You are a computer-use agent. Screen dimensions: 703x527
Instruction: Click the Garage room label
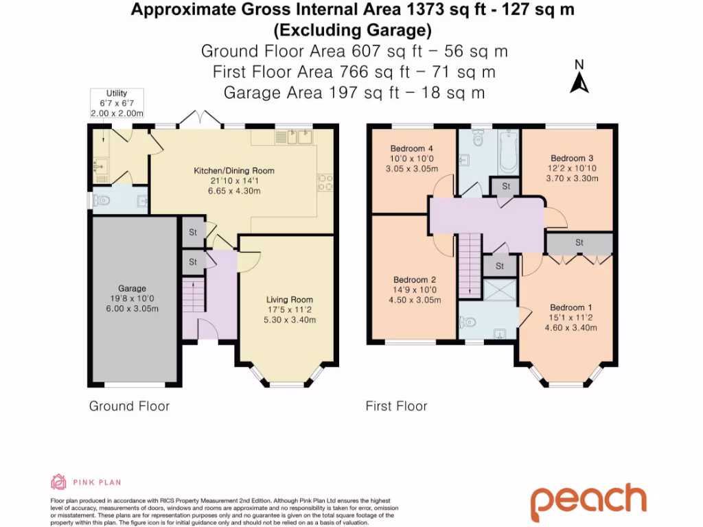pyautogui.click(x=132, y=289)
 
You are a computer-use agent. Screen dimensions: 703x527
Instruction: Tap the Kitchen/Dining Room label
pyautogui.click(x=234, y=171)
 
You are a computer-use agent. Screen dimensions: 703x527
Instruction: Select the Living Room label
pyautogui.click(x=290, y=300)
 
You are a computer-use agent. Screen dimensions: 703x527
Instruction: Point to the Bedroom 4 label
pyautogui.click(x=412, y=149)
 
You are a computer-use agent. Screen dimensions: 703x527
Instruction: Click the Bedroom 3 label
pyautogui.click(x=572, y=159)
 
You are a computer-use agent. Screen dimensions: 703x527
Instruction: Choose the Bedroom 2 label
pyautogui.click(x=415, y=280)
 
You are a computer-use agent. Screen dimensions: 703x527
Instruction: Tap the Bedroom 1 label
pyautogui.click(x=571, y=307)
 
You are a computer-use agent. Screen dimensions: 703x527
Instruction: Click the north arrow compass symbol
pyautogui.click(x=579, y=77)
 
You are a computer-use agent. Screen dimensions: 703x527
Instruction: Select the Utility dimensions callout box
pyautogui.click(x=117, y=103)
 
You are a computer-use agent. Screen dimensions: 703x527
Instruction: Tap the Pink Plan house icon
pyautogui.click(x=58, y=482)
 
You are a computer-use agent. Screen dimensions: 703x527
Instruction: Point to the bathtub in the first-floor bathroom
pyautogui.click(x=509, y=152)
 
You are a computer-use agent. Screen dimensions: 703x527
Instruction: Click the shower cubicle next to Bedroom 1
pyautogui.click(x=500, y=290)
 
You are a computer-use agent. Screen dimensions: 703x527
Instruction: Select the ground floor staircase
pyautogui.click(x=194, y=295)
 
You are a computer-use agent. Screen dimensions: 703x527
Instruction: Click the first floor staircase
pyautogui.click(x=470, y=266)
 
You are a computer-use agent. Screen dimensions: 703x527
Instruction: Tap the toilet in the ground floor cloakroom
pyautogui.click(x=102, y=200)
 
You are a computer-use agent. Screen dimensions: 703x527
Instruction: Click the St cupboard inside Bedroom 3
pyautogui.click(x=579, y=243)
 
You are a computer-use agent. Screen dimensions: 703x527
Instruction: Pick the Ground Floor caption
pyautogui.click(x=130, y=406)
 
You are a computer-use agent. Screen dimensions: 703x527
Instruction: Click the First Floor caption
pyautogui.click(x=396, y=406)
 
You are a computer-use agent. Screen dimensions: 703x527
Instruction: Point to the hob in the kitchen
pyautogui.click(x=325, y=183)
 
